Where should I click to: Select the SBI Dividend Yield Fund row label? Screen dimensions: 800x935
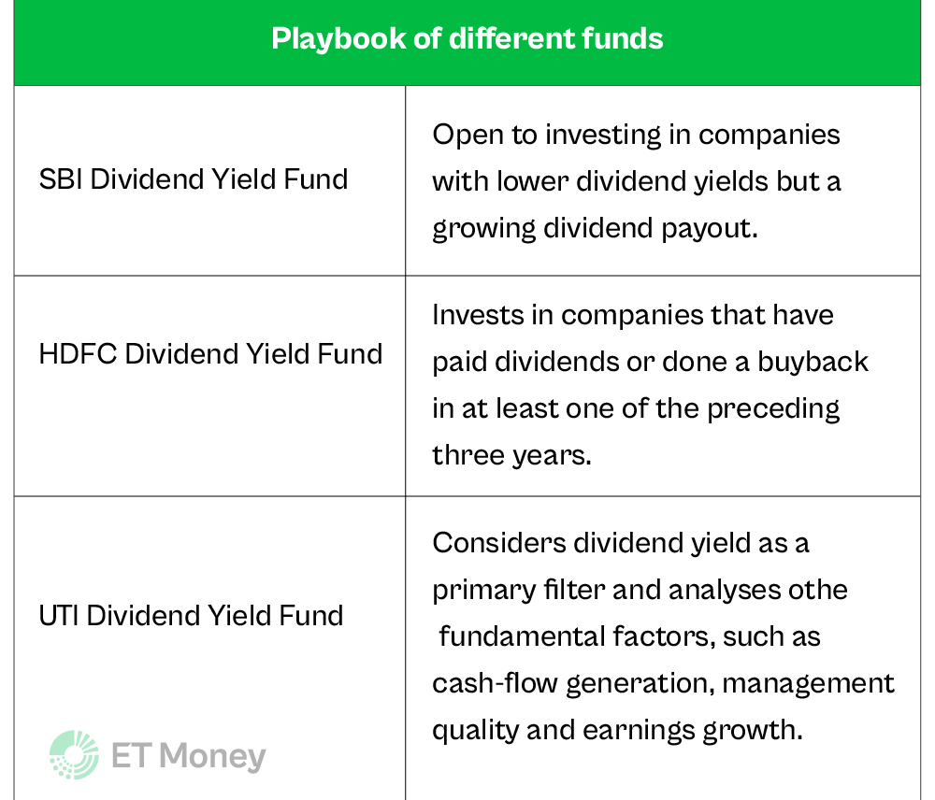point(194,179)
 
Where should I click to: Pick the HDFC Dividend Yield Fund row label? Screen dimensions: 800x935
point(210,354)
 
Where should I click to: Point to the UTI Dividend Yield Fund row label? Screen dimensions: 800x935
point(192,616)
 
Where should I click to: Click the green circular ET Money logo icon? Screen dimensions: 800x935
point(74,755)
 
